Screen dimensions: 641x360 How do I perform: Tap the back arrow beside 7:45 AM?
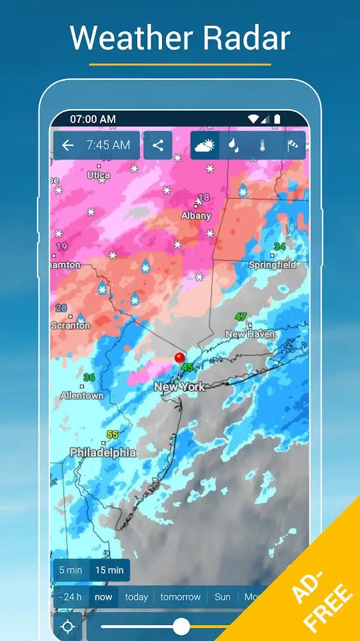pos(68,146)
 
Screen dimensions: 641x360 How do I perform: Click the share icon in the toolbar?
pos(158,146)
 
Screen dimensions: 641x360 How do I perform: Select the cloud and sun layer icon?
pos(204,146)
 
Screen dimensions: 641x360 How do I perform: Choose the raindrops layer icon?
pos(234,146)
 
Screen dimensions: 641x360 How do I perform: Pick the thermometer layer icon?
pos(263,146)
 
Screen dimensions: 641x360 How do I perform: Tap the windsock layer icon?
pos(292,146)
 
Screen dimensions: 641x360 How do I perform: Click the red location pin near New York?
pos(180,358)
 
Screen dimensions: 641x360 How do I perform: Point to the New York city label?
pos(179,387)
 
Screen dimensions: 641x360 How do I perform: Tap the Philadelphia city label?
pos(103,453)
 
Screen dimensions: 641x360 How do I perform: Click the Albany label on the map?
pos(196,216)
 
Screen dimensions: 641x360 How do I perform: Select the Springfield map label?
pos(272,265)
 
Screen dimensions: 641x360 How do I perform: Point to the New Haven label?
pos(250,334)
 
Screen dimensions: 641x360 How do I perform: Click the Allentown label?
pos(82,395)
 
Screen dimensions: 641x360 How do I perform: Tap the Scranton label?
pos(70,326)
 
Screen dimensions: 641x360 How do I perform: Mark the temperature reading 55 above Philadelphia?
pos(112,435)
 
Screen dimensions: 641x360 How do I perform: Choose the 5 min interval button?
pos(70,570)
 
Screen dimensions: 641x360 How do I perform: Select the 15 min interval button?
pos(109,570)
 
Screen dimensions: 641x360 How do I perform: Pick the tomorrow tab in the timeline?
pos(181,597)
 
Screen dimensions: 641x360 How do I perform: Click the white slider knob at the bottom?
pos(181,626)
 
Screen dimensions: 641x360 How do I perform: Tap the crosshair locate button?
pos(68,626)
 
